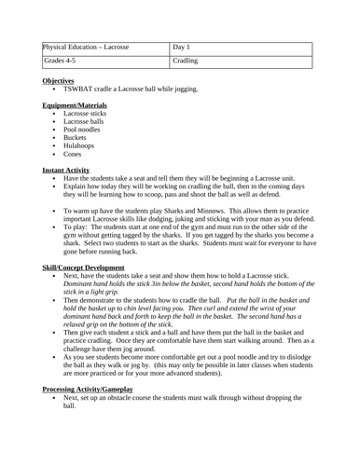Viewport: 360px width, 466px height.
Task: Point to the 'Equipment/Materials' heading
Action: click(76, 105)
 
